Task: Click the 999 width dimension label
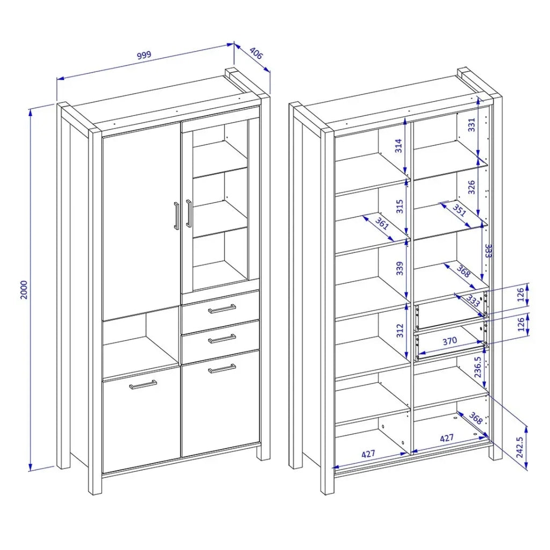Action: tap(144, 55)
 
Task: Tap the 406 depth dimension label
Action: tap(256, 53)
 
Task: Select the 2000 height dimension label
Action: tap(24, 290)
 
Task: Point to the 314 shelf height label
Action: tap(399, 146)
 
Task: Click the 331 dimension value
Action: tap(472, 125)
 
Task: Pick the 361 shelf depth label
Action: tap(382, 223)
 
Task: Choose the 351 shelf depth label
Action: tap(459, 210)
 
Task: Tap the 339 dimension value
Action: tap(400, 269)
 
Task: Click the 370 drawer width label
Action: tap(450, 341)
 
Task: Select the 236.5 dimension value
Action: tap(477, 367)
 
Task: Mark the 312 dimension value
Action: tap(400, 331)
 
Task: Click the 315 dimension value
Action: tap(400, 207)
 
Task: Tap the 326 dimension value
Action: tap(472, 187)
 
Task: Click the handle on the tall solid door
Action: tap(176, 216)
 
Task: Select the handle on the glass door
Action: tap(189, 213)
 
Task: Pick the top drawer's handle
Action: tap(222, 309)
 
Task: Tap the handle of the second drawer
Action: tap(222, 339)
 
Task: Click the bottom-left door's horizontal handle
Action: tap(143, 385)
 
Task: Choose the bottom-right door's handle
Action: tap(222, 368)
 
